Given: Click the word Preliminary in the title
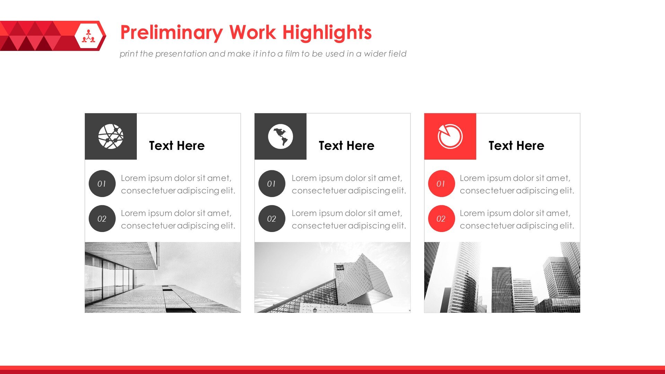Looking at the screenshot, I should point(171,33).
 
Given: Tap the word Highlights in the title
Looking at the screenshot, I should point(327,33).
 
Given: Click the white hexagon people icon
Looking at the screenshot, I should point(89,36).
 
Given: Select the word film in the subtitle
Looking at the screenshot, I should point(292,54).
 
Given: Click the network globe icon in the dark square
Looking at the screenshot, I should point(111,136).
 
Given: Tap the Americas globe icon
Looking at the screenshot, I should point(281,136).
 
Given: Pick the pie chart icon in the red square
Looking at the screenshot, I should point(450,136).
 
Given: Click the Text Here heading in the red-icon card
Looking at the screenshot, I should point(516,146).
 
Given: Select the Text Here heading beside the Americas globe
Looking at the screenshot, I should point(346,146).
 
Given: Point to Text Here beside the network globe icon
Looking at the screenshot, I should point(177,146).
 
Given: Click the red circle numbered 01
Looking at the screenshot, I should point(441,184).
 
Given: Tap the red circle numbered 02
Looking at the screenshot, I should point(441,219).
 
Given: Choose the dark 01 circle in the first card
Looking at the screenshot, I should point(102,184).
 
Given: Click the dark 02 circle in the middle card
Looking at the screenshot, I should point(272,219).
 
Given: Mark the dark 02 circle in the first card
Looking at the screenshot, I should point(102,219).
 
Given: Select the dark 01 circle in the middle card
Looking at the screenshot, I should point(272,184).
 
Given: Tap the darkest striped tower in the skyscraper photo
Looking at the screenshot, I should point(502,289).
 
